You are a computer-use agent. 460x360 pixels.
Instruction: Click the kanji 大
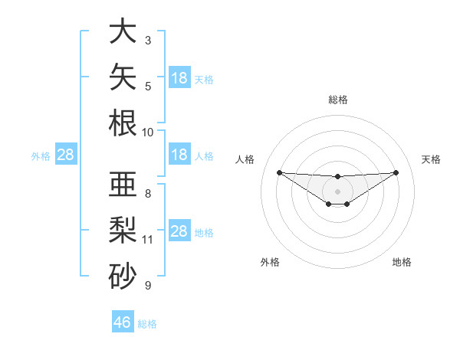click(123, 31)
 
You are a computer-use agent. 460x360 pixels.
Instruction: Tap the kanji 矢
click(123, 77)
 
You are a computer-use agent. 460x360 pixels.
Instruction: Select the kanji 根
click(123, 123)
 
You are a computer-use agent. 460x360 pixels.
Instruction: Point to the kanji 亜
click(123, 184)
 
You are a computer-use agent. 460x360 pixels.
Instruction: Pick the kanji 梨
click(123, 230)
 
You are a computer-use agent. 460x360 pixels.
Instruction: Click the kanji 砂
click(123, 276)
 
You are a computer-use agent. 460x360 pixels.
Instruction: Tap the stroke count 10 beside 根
click(147, 133)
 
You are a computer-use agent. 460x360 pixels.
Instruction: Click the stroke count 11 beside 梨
click(147, 240)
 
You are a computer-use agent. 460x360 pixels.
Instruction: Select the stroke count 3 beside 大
click(148, 41)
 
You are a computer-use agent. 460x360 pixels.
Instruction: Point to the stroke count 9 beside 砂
click(148, 286)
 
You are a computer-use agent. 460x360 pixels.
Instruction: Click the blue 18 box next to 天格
click(179, 77)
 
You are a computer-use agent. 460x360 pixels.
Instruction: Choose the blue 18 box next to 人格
click(179, 154)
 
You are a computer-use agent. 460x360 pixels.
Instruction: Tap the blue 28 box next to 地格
click(179, 230)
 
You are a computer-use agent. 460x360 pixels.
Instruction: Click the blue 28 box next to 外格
click(66, 154)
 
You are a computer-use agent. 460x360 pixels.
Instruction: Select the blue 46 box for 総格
click(123, 321)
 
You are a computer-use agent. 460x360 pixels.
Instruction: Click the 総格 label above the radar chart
click(338, 100)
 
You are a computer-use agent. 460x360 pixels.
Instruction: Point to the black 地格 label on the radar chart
click(402, 262)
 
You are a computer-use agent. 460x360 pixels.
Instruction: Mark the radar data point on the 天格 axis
click(396, 172)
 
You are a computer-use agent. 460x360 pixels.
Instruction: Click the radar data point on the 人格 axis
click(280, 172)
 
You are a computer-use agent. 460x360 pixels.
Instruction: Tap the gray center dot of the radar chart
click(337, 191)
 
